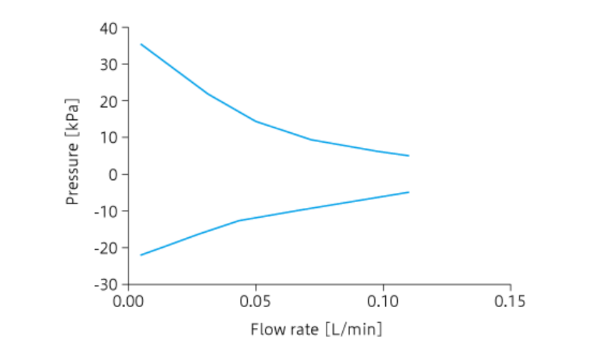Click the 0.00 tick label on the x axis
point(129,300)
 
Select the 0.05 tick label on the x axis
point(256,300)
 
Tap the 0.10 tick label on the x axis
point(383,300)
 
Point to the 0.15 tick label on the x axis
point(510,300)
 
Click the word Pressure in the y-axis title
point(72,171)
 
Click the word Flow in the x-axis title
point(264,330)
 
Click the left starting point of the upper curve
point(141,44)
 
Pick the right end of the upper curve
point(409,156)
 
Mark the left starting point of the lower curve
point(141,255)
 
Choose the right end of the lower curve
point(409,192)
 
